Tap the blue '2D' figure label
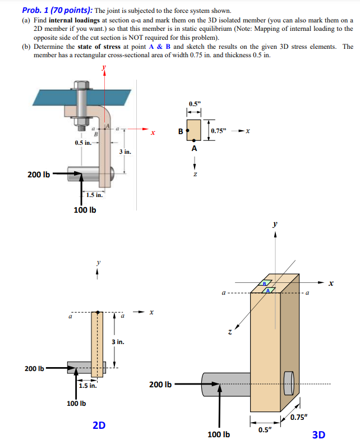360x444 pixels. pyautogui.click(x=99, y=425)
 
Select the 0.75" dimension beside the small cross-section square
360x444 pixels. pyautogui.click(x=219, y=131)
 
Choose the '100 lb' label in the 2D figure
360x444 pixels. pyautogui.click(x=76, y=403)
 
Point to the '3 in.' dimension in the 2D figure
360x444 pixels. pyautogui.click(x=118, y=341)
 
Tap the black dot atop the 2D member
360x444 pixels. pyautogui.click(x=98, y=312)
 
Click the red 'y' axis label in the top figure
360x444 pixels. pyautogui.click(x=103, y=68)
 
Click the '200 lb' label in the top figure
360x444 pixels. pyautogui.click(x=38, y=175)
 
